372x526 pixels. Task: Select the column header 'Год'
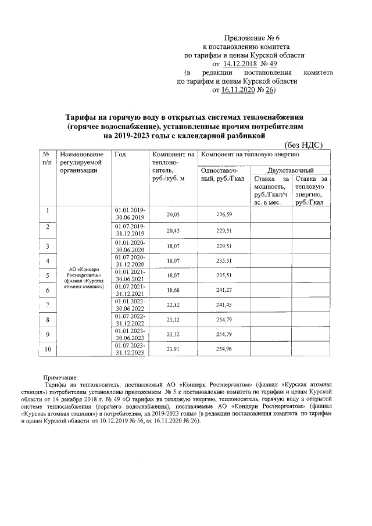pyautogui.click(x=120, y=154)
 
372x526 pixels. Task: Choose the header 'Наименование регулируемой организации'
pyautogui.click(x=81, y=162)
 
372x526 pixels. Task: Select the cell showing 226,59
pyautogui.click(x=224, y=214)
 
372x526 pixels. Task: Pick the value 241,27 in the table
pyautogui.click(x=224, y=290)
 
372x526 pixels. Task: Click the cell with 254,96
pyautogui.click(x=224, y=349)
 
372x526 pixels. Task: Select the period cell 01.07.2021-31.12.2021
pyautogui.click(x=131, y=289)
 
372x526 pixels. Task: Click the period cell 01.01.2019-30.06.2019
pyautogui.click(x=131, y=213)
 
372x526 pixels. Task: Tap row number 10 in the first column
pyautogui.click(x=47, y=349)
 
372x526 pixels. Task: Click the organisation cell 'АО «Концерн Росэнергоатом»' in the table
pyautogui.click(x=85, y=278)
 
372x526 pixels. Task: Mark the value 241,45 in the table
pyautogui.click(x=224, y=305)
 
